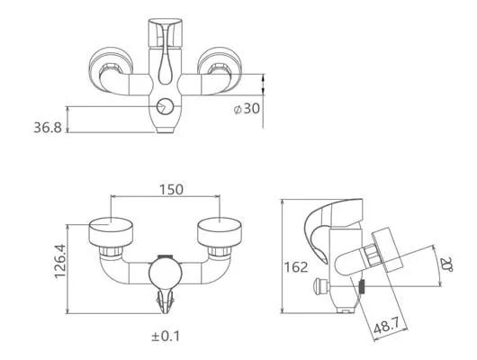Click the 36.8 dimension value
coord(48,128)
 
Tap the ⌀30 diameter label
coord(247,108)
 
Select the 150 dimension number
coord(171,190)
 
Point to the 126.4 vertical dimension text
coord(60,261)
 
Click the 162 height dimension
coord(296,267)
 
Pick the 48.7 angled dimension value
coord(386,327)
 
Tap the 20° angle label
coord(447,265)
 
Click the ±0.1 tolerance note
coord(166,337)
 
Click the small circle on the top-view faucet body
coord(165,107)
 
